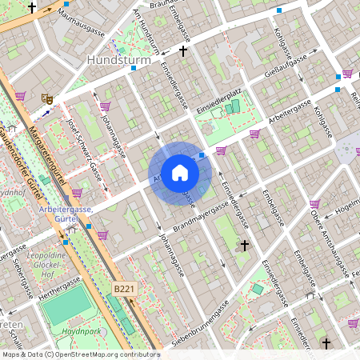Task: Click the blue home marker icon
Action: click(180, 172)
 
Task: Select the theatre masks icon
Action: click(48, 98)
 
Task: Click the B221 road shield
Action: click(124, 288)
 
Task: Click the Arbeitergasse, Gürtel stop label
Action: click(66, 214)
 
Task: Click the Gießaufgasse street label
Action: click(287, 66)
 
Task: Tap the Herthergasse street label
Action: click(57, 285)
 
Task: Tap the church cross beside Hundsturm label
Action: click(183, 51)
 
